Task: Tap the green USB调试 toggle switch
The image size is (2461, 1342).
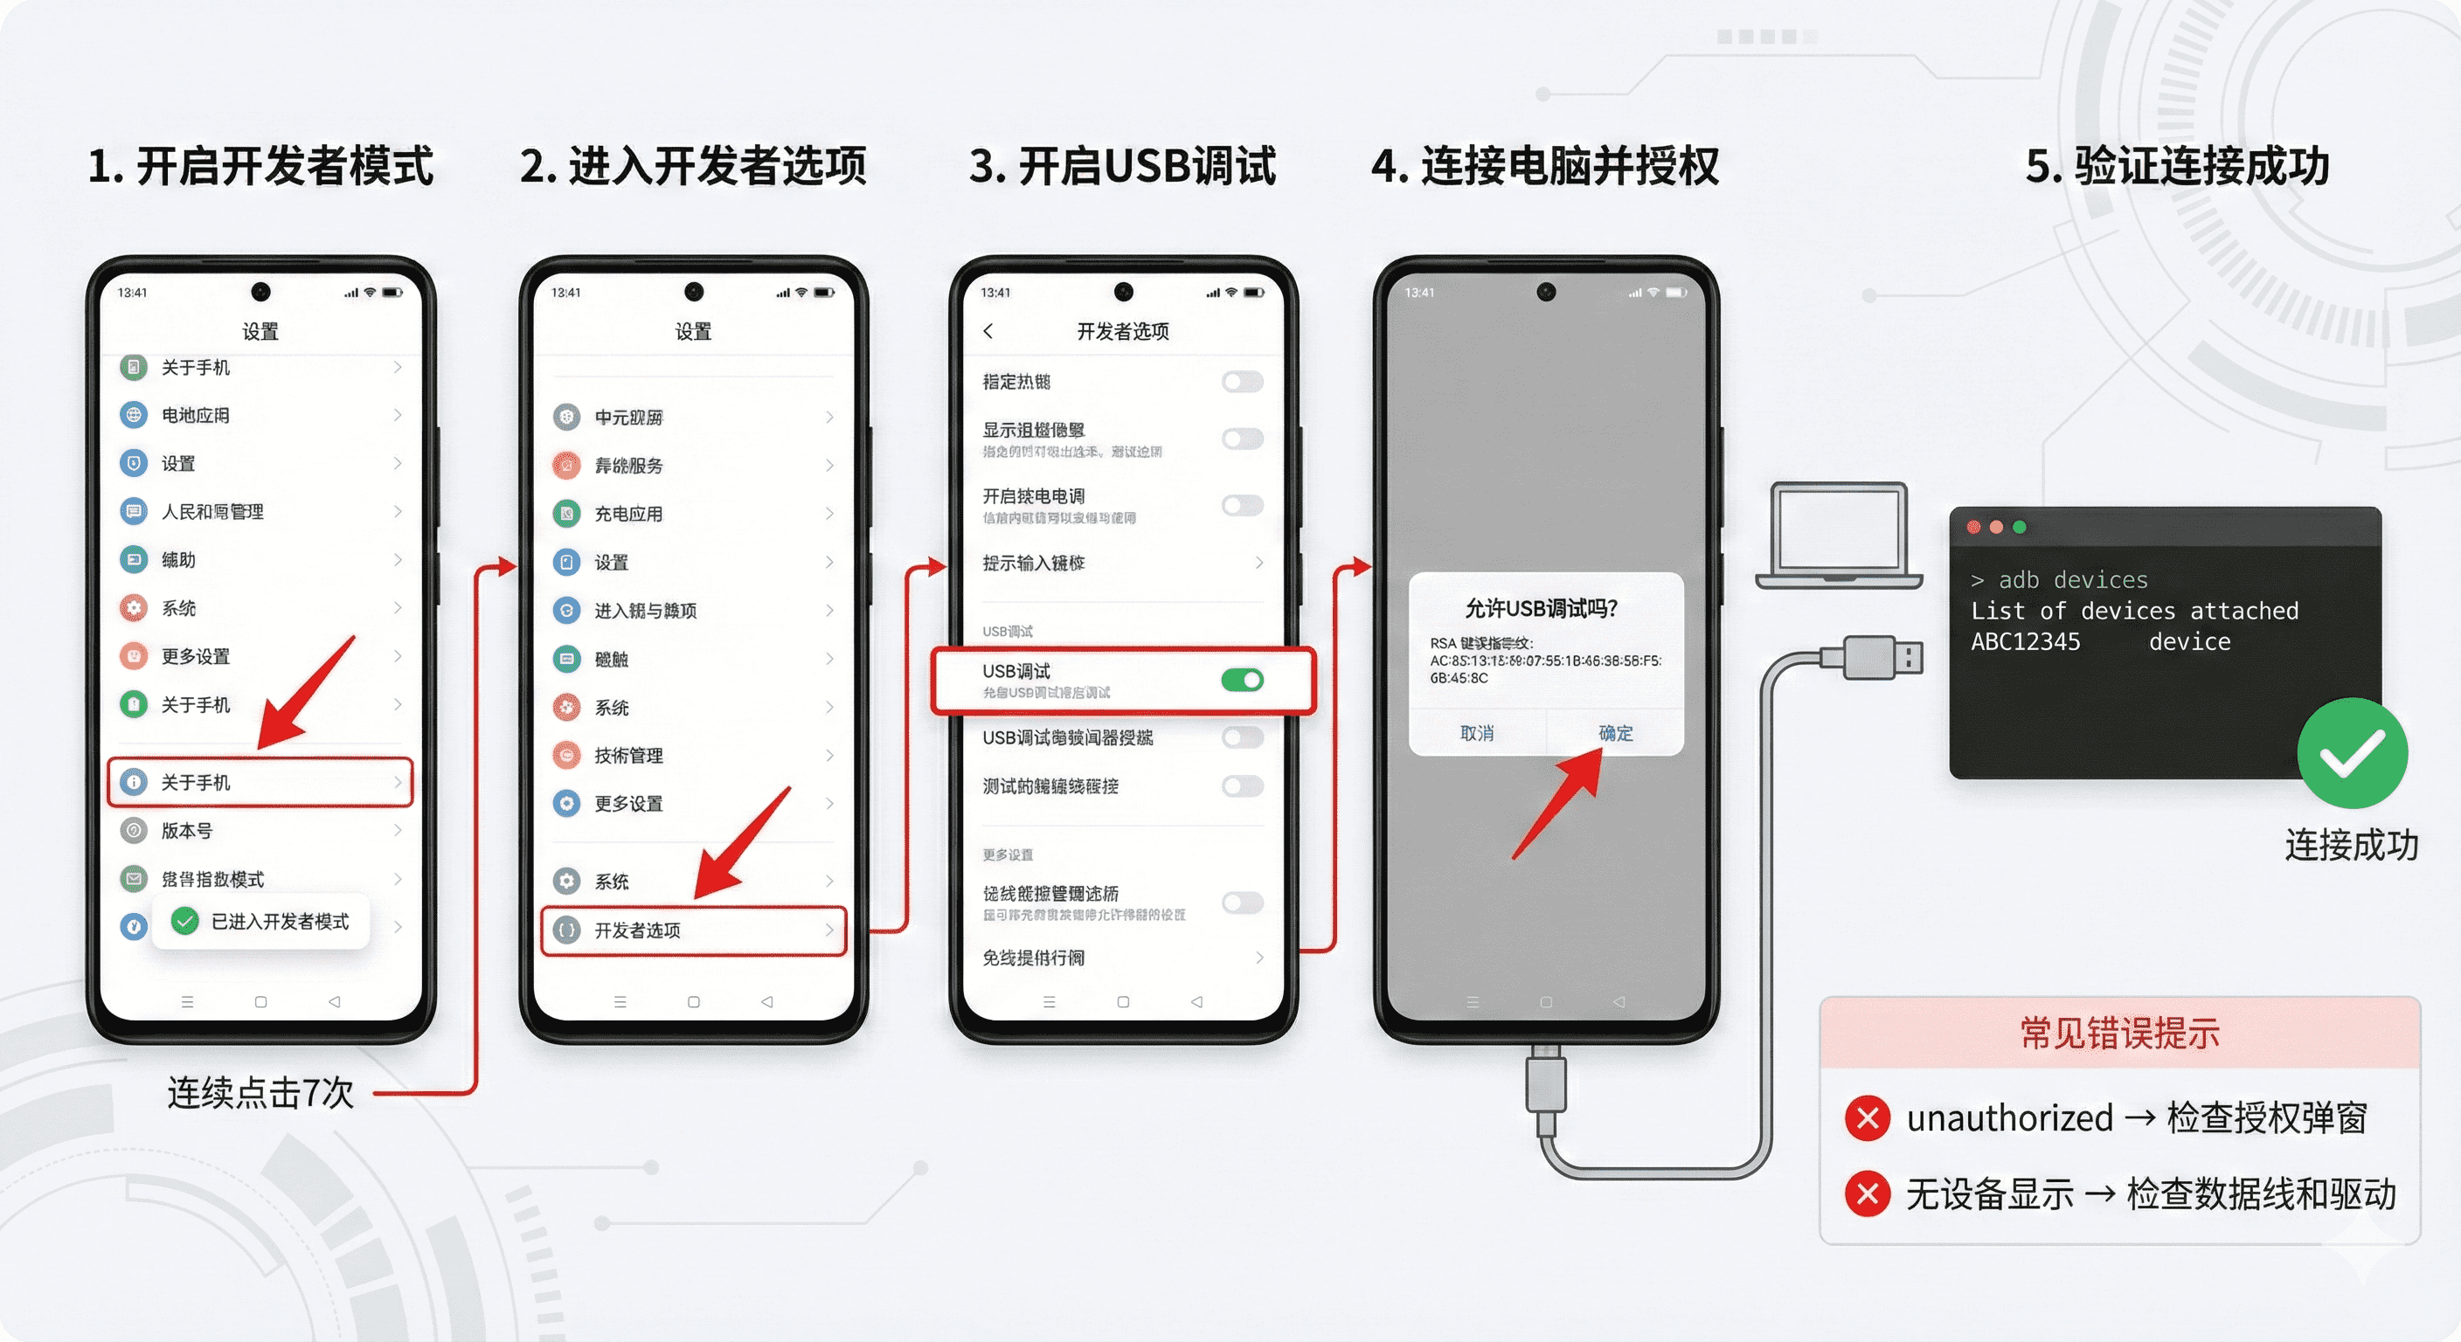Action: tap(1242, 680)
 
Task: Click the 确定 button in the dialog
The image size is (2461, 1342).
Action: tap(1616, 733)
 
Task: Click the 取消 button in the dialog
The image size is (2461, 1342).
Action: tap(1477, 733)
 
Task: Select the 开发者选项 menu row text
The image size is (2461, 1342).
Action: tap(637, 930)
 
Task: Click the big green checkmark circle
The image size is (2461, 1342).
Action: tap(2351, 754)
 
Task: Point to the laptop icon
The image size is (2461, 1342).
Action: tap(1838, 535)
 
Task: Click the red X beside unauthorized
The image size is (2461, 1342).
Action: tap(1867, 1118)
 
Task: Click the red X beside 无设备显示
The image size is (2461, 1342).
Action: tap(1867, 1194)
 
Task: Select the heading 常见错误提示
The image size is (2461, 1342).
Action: tap(2119, 1034)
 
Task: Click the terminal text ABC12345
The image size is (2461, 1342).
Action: tap(2026, 642)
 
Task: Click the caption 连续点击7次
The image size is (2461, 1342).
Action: tap(260, 1093)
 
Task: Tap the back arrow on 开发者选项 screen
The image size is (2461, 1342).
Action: tap(988, 330)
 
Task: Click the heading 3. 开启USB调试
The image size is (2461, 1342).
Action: tap(1121, 166)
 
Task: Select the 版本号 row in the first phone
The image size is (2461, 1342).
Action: tap(187, 831)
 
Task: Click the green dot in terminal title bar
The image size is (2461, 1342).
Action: tap(2019, 527)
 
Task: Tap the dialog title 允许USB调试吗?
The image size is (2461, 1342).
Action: tap(1541, 608)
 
